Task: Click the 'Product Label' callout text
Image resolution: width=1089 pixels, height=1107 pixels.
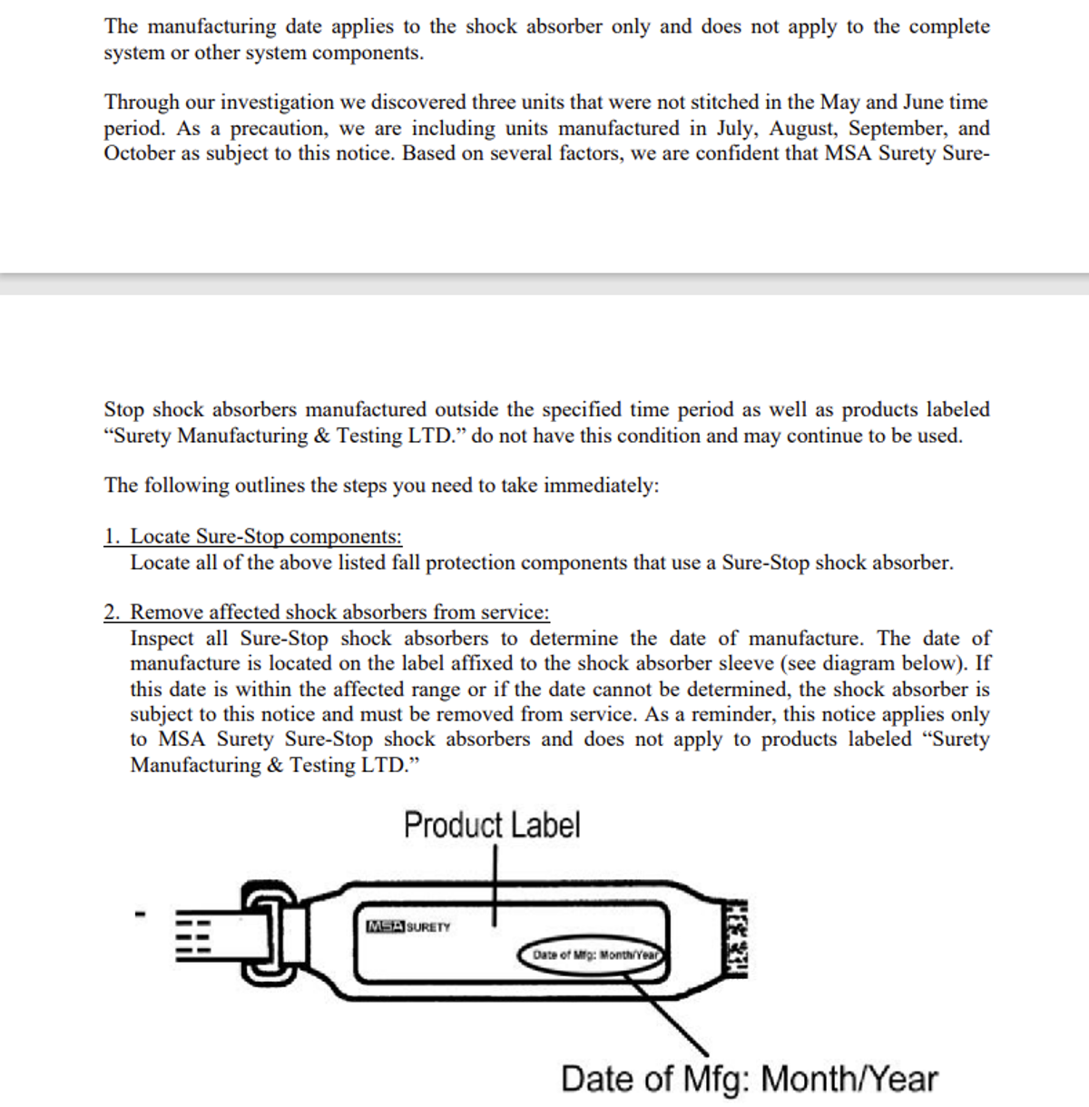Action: click(x=492, y=825)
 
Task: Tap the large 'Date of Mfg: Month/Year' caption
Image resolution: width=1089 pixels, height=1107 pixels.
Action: click(x=749, y=1079)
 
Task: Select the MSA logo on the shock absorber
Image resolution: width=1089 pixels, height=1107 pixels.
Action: click(x=385, y=926)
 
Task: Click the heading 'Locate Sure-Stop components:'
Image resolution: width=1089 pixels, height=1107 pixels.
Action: click(x=266, y=536)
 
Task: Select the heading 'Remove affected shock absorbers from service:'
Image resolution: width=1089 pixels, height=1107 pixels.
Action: click(x=339, y=612)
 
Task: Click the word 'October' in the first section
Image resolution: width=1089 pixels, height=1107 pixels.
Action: click(x=140, y=153)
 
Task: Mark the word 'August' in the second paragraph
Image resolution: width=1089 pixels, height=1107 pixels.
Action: click(x=802, y=128)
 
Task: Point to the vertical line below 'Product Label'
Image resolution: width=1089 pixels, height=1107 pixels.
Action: click(x=495, y=885)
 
